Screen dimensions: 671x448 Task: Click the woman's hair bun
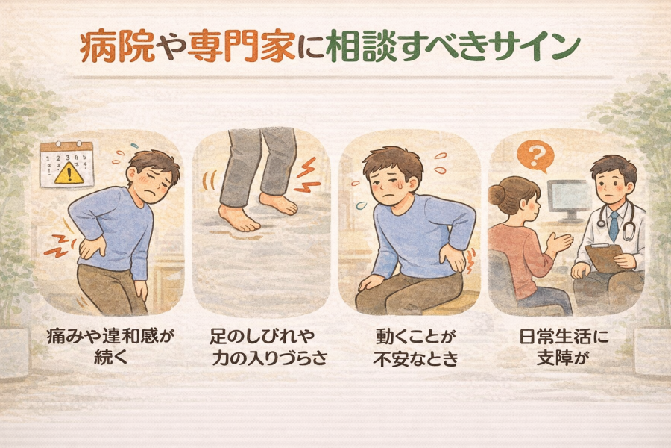[x=498, y=195]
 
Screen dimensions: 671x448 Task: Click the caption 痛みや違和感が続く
[x=110, y=346]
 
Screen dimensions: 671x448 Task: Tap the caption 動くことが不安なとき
[x=415, y=346]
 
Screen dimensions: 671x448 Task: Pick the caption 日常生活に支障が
[x=563, y=346]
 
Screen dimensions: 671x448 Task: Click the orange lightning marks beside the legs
[x=308, y=175]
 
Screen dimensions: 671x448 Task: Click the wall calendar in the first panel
[x=66, y=165]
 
